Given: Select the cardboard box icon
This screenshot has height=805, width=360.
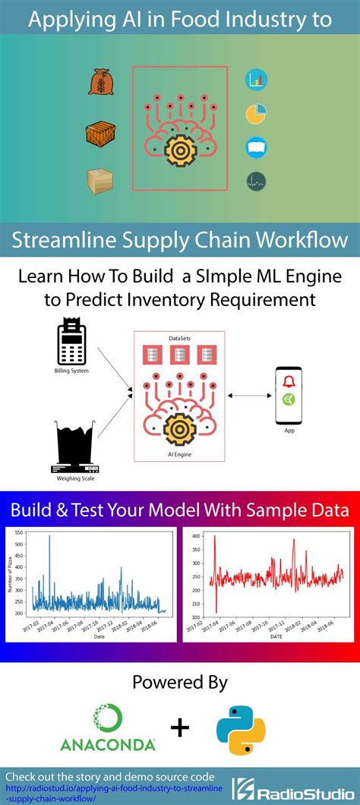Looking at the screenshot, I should click(x=99, y=181).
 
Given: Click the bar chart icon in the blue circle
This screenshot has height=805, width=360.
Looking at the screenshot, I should click(x=255, y=79).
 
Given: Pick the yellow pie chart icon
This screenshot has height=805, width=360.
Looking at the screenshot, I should click(x=255, y=114).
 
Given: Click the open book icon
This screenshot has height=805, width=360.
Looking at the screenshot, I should click(x=255, y=147).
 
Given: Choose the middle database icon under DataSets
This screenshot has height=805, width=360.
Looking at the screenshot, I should click(x=179, y=354).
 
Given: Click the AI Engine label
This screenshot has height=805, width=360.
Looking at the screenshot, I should click(x=179, y=453).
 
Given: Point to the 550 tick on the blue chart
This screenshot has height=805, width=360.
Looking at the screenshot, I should click(x=19, y=534).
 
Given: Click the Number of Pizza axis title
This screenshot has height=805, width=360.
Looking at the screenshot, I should click(x=9, y=574).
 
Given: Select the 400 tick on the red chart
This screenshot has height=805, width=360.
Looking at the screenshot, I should click(x=195, y=536).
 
